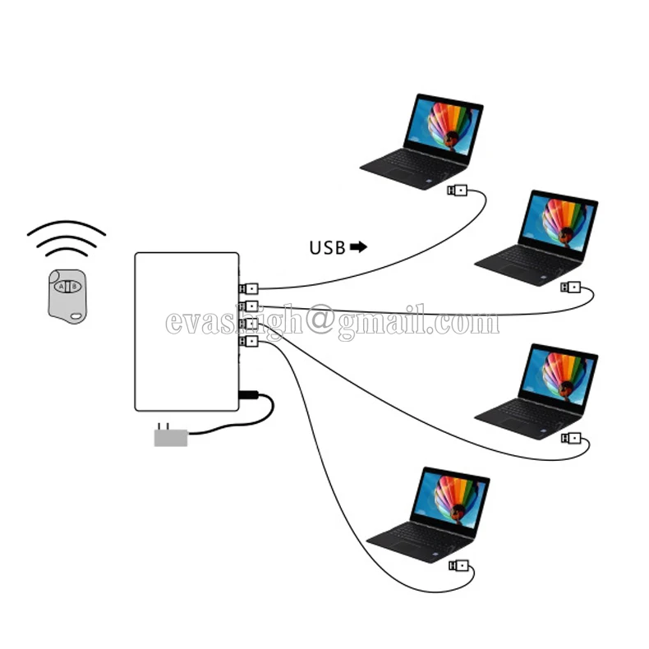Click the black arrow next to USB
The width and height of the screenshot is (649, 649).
pos(358,247)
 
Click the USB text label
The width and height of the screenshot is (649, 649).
pos(328,248)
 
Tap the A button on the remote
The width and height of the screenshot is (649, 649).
pos(62,287)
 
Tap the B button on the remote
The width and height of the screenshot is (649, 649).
pos(75,287)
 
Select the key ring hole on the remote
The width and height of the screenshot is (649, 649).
pos(76,316)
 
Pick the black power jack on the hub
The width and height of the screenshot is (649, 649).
pos(248,395)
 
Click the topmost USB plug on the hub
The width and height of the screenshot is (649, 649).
pos(249,288)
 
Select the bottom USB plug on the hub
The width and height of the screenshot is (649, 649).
pos(249,341)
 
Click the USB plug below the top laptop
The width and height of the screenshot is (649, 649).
pos(457,191)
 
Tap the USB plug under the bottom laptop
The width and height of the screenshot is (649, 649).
pos(458,565)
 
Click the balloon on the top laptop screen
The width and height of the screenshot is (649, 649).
pos(449,126)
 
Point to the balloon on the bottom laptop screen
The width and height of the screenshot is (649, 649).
pos(456,499)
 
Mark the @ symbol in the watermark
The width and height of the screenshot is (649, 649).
pos(319,319)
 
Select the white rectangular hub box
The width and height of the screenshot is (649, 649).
pos(186,332)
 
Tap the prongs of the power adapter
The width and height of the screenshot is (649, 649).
pos(163,426)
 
